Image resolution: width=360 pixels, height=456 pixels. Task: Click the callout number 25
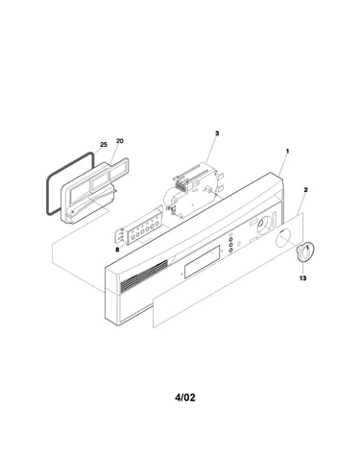(104, 145)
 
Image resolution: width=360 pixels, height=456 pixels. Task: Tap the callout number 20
(119, 141)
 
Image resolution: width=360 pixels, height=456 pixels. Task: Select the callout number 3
(217, 133)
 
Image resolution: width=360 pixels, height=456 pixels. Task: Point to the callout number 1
(287, 151)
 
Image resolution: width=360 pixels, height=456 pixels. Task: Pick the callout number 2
(305, 190)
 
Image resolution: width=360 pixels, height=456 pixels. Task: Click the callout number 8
(117, 250)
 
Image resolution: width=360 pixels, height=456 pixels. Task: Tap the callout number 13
(302, 278)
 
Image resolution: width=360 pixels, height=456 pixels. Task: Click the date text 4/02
(185, 397)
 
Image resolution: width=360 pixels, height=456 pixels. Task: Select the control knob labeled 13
(305, 252)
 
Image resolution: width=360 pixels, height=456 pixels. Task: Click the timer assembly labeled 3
(194, 189)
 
